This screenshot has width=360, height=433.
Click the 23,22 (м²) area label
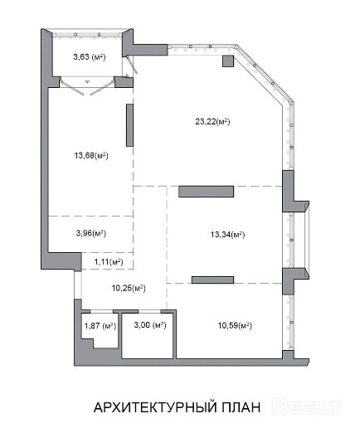tap(212, 121)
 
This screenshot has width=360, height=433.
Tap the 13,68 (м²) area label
tap(91, 155)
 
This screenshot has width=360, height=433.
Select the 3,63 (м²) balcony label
tap(90, 56)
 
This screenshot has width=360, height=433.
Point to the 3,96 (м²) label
tap(91, 233)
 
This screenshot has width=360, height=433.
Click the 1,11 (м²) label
tap(109, 261)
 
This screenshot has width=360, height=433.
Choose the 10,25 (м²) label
tap(129, 288)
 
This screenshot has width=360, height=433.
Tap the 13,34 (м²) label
tap(227, 235)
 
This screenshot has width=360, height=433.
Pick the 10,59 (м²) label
tap(235, 325)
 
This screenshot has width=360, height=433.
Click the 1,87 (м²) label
tap(100, 326)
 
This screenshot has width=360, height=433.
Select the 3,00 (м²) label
tap(150, 324)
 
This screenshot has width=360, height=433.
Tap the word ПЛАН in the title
tap(241, 407)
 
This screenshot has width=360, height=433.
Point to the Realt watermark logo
tap(307, 406)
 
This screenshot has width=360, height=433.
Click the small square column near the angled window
tap(228, 61)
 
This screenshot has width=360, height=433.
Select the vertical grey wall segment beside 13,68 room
tap(129, 125)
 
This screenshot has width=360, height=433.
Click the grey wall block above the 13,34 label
tap(206, 192)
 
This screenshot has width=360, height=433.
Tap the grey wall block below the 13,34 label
tap(212, 280)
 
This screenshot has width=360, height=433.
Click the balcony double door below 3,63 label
tap(87, 85)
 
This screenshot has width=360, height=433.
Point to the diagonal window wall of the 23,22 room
tap(264, 74)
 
